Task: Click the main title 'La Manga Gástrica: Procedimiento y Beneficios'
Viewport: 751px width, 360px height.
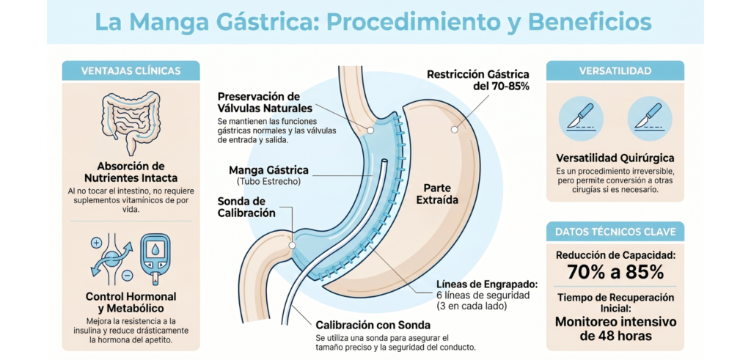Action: (374, 22)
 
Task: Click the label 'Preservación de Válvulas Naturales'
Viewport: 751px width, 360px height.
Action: (259, 103)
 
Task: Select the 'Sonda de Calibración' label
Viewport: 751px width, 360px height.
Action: (246, 207)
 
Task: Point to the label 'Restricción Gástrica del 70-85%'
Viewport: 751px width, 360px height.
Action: (477, 80)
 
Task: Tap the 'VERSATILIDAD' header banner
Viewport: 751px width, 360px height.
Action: (615, 71)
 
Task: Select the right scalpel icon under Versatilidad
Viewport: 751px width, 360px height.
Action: (650, 118)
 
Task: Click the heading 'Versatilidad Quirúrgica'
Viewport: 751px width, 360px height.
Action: (615, 158)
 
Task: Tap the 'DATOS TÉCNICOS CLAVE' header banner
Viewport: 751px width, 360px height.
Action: (615, 232)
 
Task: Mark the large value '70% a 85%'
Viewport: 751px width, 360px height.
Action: (615, 271)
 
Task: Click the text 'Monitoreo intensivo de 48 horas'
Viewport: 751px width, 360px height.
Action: (615, 328)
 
